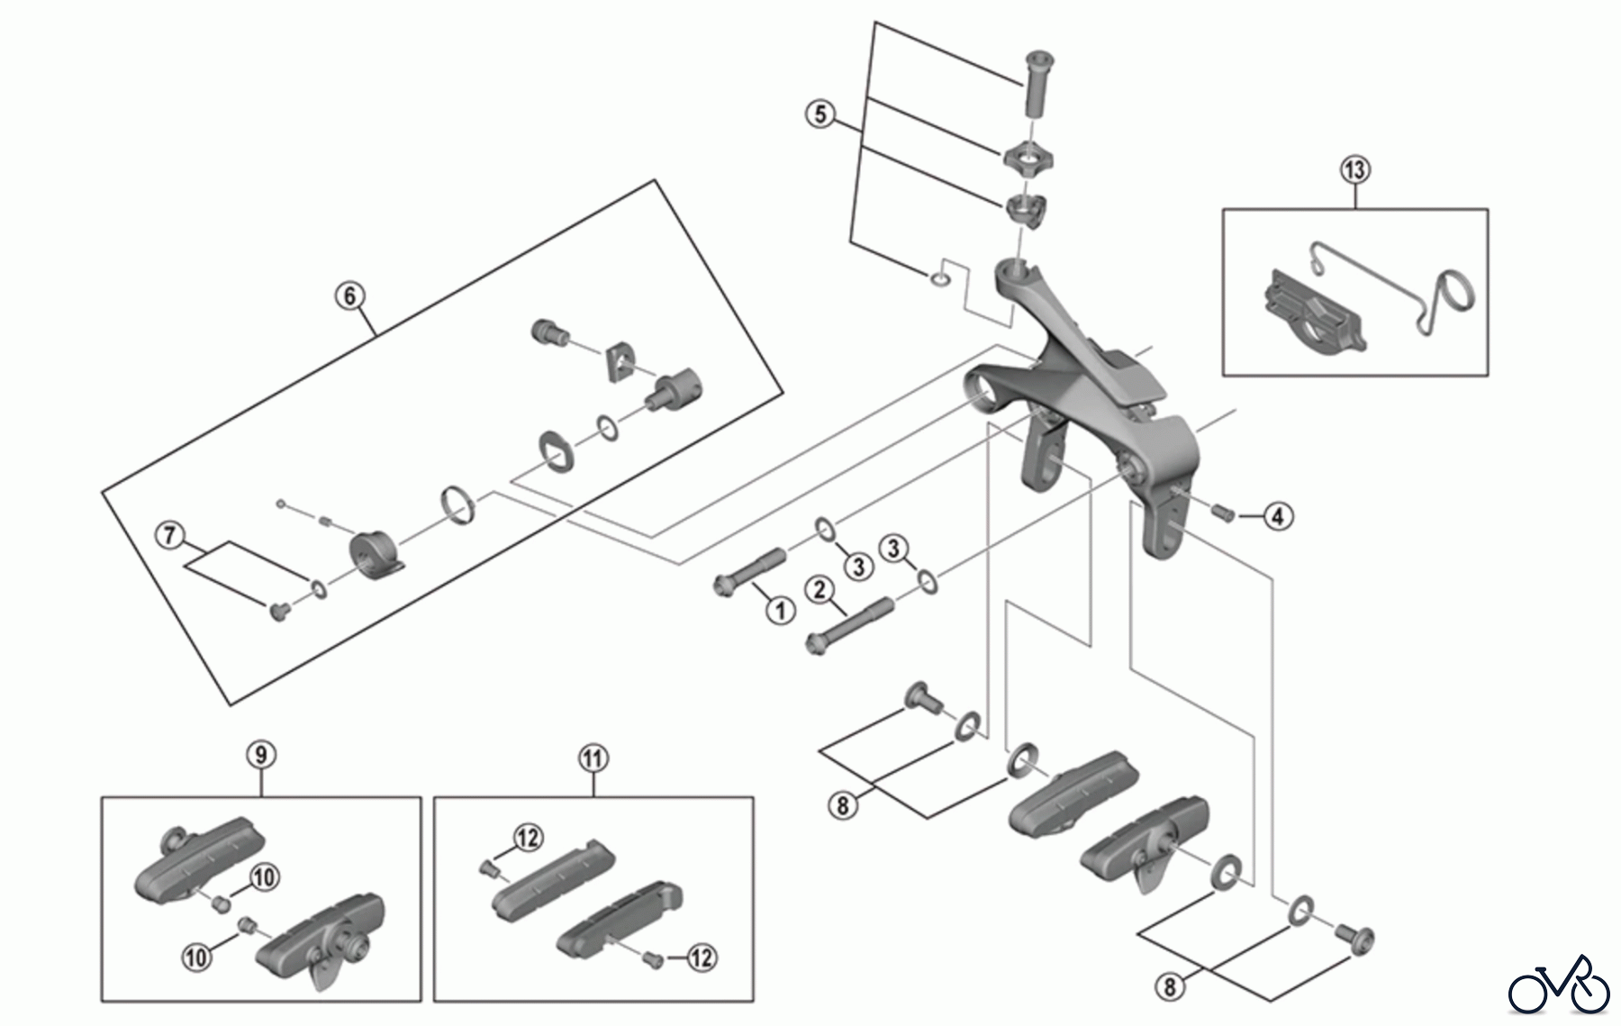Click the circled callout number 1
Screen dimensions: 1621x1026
(780, 610)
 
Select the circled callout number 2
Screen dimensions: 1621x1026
(820, 590)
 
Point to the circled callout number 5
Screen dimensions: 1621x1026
(820, 114)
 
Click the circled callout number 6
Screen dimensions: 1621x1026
(349, 295)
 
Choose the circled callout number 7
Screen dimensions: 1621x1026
(168, 534)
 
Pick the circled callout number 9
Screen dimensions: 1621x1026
(260, 754)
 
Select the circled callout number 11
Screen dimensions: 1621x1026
(593, 758)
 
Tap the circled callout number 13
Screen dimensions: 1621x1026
(1354, 169)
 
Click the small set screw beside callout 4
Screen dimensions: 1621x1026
(1223, 513)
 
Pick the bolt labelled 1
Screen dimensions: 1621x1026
(750, 573)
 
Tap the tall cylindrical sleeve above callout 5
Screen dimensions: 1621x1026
(1037, 82)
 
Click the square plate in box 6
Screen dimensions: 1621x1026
(619, 360)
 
